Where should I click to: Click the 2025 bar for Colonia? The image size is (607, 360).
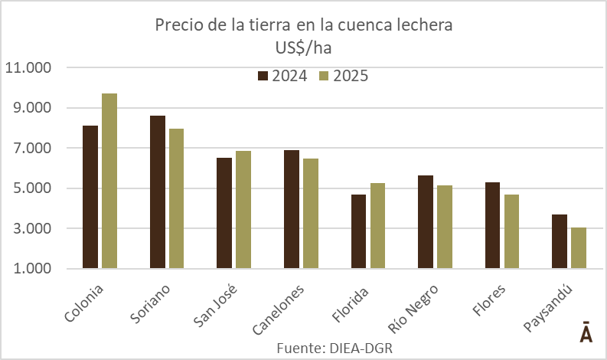pyautogui.click(x=109, y=181)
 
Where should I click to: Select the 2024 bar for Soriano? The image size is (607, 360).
pyautogui.click(x=158, y=192)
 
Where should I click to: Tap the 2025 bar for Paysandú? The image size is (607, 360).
pyautogui.click(x=578, y=248)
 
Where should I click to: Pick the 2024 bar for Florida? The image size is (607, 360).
pyautogui.click(x=358, y=231)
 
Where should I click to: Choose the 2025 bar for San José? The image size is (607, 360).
pyautogui.click(x=243, y=210)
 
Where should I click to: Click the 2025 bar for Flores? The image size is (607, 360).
pyautogui.click(x=511, y=231)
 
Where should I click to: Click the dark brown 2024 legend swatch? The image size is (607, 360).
pyautogui.click(x=263, y=76)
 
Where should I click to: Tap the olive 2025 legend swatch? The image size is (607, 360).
pyautogui.click(x=324, y=76)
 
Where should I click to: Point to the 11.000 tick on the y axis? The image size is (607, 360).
pyautogui.click(x=28, y=67)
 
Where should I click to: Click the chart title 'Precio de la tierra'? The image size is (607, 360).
pyautogui.click(x=304, y=25)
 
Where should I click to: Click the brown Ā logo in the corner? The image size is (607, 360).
pyautogui.click(x=585, y=334)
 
